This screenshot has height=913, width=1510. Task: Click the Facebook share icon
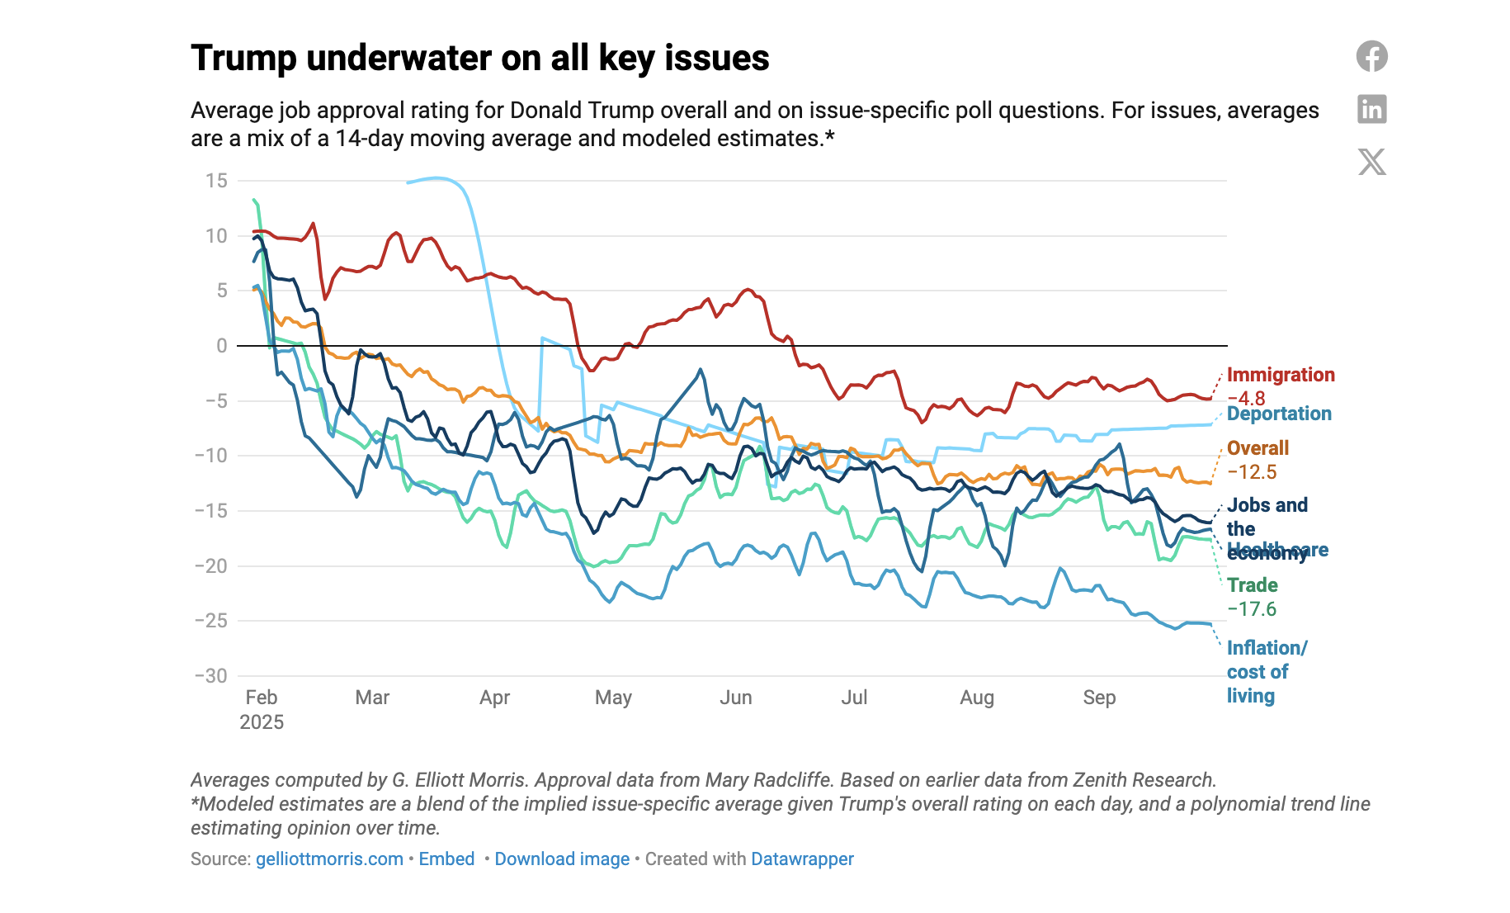coord(1371,56)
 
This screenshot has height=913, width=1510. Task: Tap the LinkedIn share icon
coord(1371,109)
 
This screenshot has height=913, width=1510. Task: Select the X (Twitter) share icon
coord(1371,162)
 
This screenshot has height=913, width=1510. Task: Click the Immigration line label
coord(1280,375)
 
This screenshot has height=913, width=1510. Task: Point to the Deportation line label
coord(1278,414)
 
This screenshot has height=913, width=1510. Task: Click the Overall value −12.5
coord(1251,472)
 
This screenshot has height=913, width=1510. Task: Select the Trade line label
coord(1252,585)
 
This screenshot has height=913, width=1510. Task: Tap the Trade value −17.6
coord(1251,609)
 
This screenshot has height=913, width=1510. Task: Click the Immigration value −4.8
coord(1245,398)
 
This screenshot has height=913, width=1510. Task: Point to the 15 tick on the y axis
coord(216,181)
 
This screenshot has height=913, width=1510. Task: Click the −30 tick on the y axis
coord(211,676)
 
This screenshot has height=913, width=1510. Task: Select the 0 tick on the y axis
coord(221,346)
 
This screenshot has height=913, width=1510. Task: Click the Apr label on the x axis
coord(494,698)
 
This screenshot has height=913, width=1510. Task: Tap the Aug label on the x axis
coord(976,698)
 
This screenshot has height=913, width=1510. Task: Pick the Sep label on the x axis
coord(1099,698)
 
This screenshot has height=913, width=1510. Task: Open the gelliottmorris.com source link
coord(329,859)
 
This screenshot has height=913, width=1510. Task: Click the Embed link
coord(446,859)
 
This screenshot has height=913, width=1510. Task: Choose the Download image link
coord(562,859)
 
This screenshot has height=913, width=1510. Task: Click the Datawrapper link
coord(802,859)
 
